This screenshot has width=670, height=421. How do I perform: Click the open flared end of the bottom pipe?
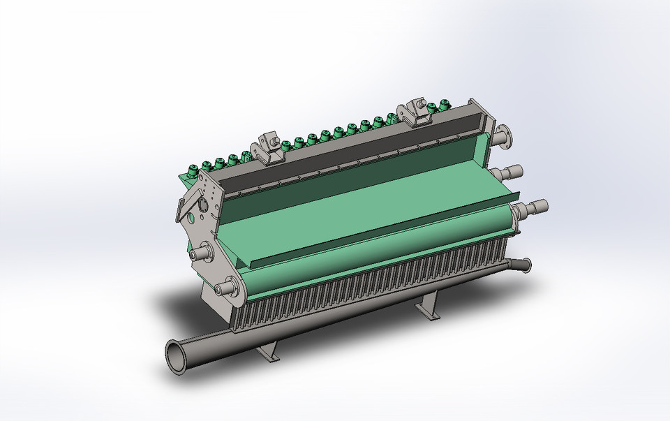(177, 355)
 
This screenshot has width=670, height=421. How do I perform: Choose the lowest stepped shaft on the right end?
(534, 207)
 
